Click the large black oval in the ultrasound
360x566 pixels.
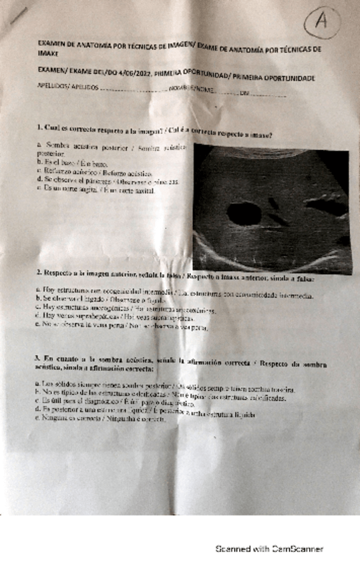(239, 214)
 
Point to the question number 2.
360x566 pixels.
(39, 272)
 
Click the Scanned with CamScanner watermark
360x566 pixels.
(268, 549)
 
